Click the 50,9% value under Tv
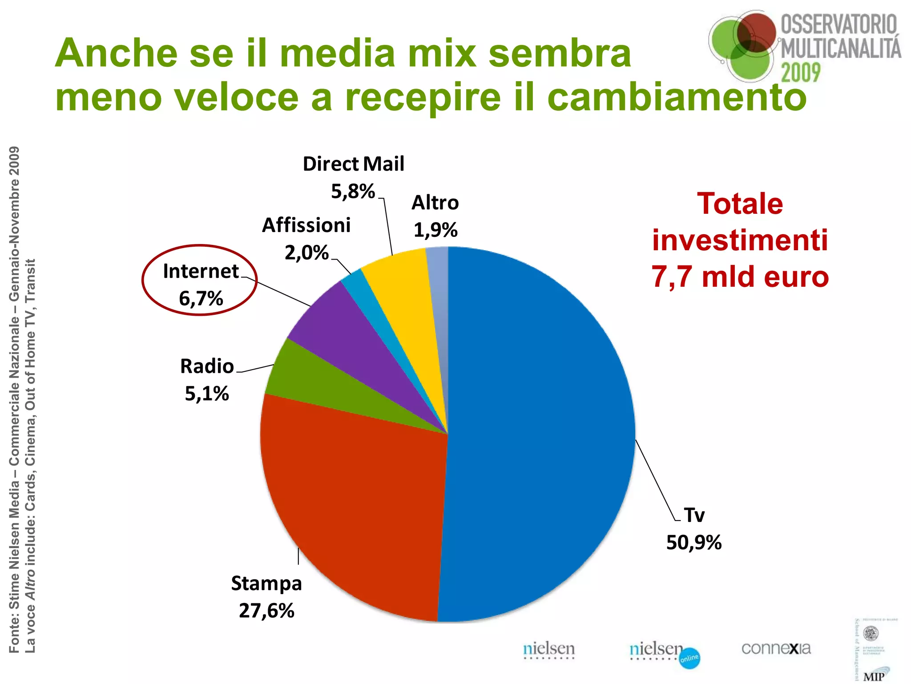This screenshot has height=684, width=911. [x=693, y=542]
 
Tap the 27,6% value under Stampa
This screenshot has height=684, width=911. [x=266, y=611]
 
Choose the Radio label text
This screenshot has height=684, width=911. [x=207, y=366]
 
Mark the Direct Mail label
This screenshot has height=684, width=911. [x=353, y=164]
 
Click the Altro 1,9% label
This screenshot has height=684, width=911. [x=435, y=216]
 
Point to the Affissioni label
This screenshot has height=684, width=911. [x=306, y=225]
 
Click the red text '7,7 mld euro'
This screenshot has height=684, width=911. [x=740, y=277]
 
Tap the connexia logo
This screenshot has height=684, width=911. [x=776, y=648]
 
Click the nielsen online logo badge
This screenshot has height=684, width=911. [x=689, y=658]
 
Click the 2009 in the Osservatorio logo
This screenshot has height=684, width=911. [x=801, y=73]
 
